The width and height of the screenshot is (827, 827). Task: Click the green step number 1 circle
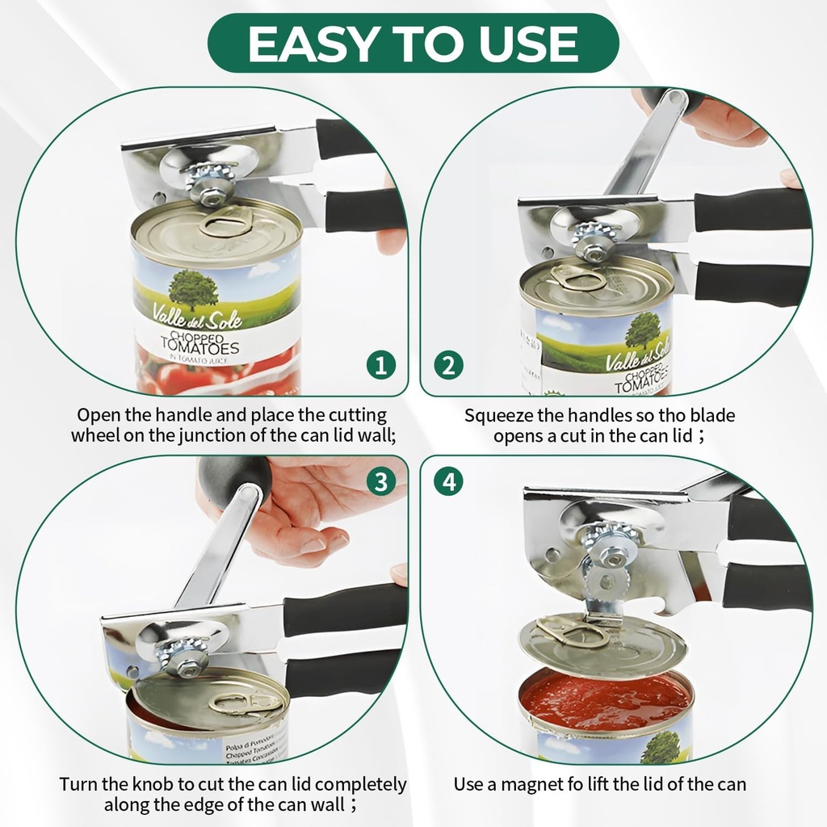point(381,365)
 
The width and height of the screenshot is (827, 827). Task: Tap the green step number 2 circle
point(448,365)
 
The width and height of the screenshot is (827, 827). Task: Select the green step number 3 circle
point(381,482)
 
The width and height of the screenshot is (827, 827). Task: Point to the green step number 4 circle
point(448,482)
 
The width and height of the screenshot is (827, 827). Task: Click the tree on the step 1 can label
point(193,289)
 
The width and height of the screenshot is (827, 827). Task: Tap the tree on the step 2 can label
point(642,329)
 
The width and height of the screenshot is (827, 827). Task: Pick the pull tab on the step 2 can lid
point(577,279)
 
